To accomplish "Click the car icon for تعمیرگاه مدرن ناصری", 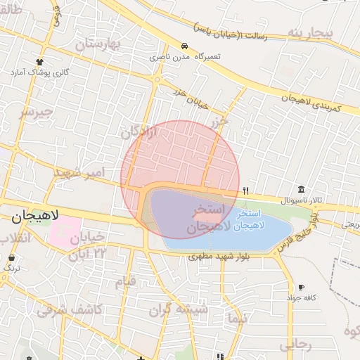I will (x=184, y=46).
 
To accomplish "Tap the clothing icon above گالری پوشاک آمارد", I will (x=39, y=62).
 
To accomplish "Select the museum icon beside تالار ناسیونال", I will (x=301, y=190).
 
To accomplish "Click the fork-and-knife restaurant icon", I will (x=245, y=191).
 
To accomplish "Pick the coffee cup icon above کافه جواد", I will (x=302, y=287).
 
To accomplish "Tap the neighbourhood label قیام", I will (x=124, y=283).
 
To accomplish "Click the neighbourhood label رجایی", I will (x=295, y=345).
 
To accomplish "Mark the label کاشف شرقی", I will (x=70, y=309).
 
